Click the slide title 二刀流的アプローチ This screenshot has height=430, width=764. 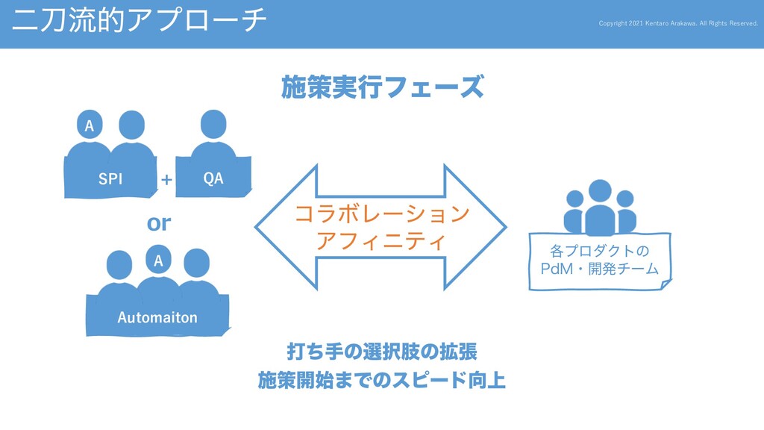139,20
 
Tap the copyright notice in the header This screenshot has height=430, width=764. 678,23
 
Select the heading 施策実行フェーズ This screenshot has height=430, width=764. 382,88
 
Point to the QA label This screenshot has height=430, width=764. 213,179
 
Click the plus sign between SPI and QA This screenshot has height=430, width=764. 166,180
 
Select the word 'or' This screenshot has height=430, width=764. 159,222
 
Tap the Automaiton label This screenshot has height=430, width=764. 157,317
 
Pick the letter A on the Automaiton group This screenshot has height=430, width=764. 158,261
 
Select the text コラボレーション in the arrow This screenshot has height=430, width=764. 382,215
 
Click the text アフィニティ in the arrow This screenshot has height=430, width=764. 382,242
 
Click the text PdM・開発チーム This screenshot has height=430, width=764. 600,268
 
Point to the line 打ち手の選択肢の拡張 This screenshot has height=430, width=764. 382,351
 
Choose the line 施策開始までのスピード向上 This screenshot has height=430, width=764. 382,381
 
